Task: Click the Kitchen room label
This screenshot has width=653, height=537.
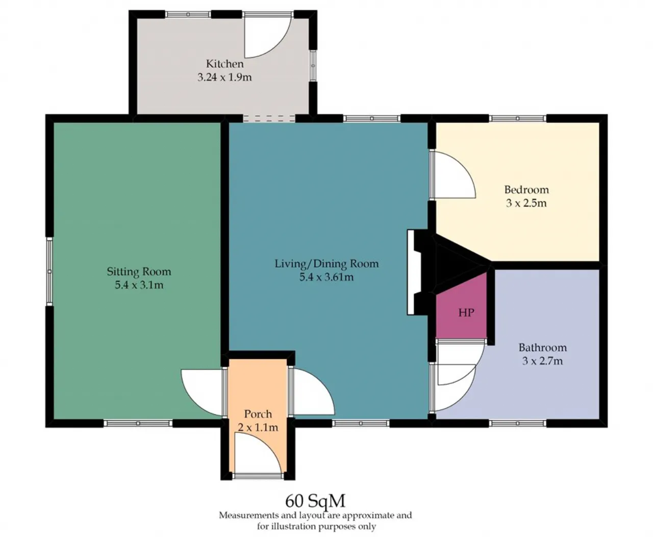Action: click(x=224, y=64)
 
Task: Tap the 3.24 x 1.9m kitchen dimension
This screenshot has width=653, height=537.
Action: click(x=224, y=77)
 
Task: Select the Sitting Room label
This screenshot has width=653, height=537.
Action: click(x=139, y=271)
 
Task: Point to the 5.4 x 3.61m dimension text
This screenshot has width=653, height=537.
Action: click(x=326, y=277)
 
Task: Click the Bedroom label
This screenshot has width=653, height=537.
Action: click(x=526, y=189)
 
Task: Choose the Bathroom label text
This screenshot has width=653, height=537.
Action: click(x=543, y=347)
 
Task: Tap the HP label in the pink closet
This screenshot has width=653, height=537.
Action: click(x=466, y=313)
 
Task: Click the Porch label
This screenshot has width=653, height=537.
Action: click(x=258, y=414)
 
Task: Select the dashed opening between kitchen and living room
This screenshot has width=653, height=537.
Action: click(x=269, y=118)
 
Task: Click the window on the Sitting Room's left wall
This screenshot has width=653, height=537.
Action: click(x=49, y=271)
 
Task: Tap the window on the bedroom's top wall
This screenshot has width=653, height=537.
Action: click(x=517, y=118)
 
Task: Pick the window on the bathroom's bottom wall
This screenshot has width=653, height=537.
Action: click(x=517, y=423)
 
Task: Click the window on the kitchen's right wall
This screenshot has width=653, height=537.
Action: click(x=313, y=66)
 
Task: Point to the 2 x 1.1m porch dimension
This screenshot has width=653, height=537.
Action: click(x=258, y=427)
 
